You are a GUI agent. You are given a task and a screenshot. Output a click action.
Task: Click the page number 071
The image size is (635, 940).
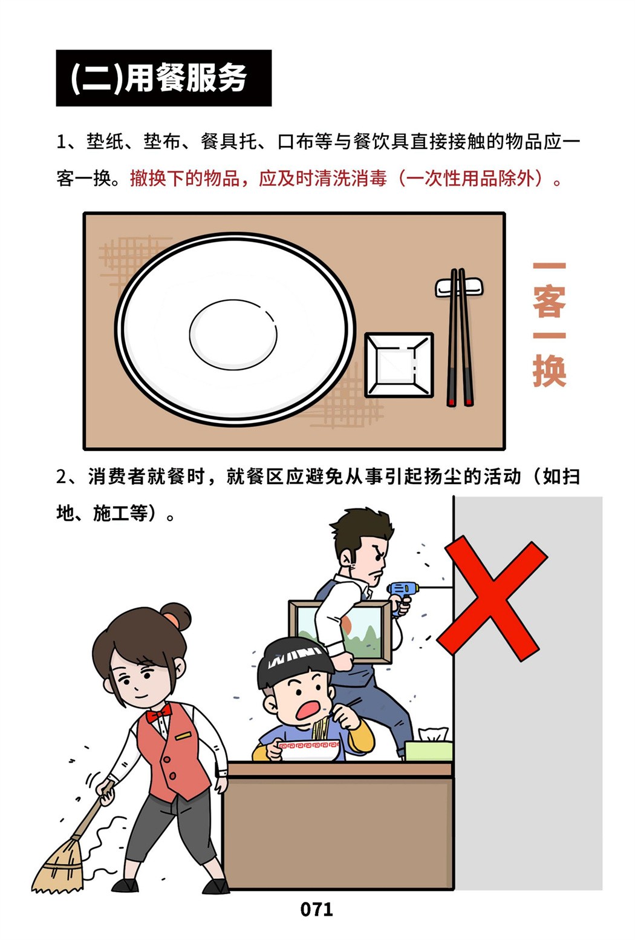tap(317, 910)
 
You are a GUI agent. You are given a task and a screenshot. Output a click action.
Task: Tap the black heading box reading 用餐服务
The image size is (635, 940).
tap(163, 78)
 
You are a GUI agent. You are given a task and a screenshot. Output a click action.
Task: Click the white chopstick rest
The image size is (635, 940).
tap(459, 287)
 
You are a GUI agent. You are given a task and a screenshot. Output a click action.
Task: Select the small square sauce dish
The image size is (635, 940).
tap(399, 365)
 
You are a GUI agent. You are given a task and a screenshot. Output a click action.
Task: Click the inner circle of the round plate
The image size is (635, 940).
tap(233, 335)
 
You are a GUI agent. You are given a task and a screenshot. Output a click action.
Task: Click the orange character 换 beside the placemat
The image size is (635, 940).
tap(550, 371)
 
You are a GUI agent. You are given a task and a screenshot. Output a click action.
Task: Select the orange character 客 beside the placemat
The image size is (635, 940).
tap(550, 301)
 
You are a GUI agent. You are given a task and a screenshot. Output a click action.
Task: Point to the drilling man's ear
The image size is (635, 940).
tap(347, 559)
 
